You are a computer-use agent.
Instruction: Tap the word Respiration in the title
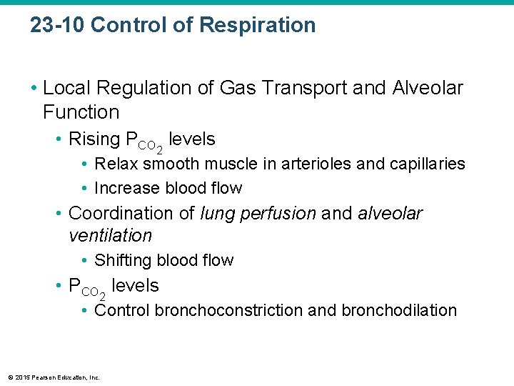click(258, 26)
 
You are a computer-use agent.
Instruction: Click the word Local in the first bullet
click(65, 89)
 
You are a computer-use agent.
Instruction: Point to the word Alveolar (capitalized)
click(428, 89)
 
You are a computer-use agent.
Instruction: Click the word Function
click(81, 112)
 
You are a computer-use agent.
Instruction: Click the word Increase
click(127, 188)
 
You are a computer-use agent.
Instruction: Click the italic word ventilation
click(110, 235)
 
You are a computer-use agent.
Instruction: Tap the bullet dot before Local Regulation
click(34, 89)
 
